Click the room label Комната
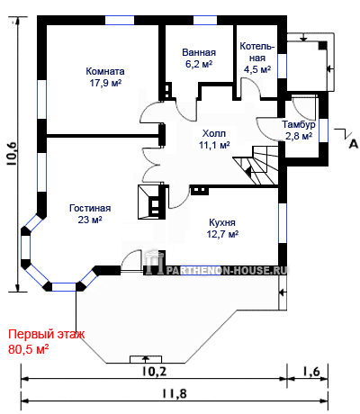pos(105,71)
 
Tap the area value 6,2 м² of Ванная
pos(199,64)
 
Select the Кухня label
pos(222,222)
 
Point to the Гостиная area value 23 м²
pos(90,220)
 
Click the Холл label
pos(214,133)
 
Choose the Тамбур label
pos(299,124)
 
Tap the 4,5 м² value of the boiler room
pos(257,69)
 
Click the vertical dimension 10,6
pos(13,154)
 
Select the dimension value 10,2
pos(154,372)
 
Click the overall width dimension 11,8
pos(175,393)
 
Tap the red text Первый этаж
pos(47,335)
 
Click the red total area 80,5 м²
pos(29,349)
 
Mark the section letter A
pos(354,144)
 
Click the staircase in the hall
pos(256,166)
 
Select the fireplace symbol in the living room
pos(151,202)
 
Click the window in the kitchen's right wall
pos(283,223)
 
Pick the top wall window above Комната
pos(120,20)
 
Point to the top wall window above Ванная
pos(205,20)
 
